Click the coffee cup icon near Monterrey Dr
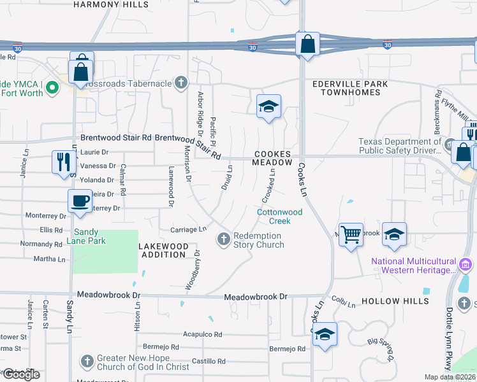click(80, 201)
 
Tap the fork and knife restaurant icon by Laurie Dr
click(63, 161)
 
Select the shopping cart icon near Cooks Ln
click(351, 235)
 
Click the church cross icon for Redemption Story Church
click(223, 239)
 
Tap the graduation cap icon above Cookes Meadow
click(268, 106)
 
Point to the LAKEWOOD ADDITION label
click(165, 250)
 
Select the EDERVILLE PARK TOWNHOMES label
click(346, 88)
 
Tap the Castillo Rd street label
click(209, 361)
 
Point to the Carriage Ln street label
click(189, 229)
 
